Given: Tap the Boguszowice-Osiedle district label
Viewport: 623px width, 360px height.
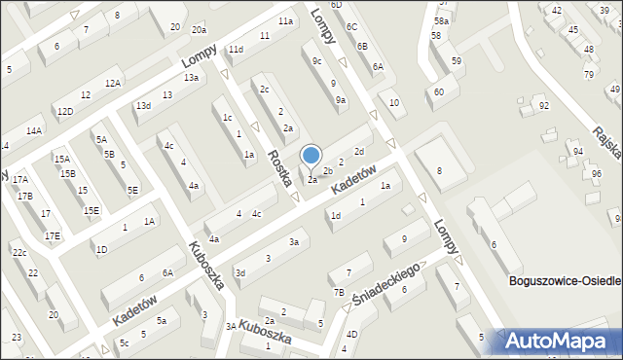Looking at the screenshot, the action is [x=565, y=281].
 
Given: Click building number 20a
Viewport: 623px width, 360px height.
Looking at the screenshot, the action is [x=199, y=31].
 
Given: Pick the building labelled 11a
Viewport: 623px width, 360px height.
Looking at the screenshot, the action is [x=285, y=20].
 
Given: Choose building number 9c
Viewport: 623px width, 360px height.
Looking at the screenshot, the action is [x=316, y=60].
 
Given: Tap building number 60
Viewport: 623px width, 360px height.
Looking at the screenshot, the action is [x=439, y=91].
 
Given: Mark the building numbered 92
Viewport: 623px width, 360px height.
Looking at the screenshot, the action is [x=544, y=105].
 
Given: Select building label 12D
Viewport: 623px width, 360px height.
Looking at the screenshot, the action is [x=64, y=111].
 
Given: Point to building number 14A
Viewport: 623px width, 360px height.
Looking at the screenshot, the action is [x=34, y=130].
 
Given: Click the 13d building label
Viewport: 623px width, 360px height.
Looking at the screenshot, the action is [x=143, y=105].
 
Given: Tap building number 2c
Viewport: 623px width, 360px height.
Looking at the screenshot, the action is [x=264, y=90].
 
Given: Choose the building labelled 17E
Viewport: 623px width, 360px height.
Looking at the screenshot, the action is [x=52, y=235].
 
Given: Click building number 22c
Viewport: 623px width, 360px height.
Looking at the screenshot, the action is [x=18, y=253].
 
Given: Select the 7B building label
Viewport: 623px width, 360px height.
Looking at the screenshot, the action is [x=339, y=292].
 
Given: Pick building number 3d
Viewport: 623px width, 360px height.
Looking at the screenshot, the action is [x=239, y=273].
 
